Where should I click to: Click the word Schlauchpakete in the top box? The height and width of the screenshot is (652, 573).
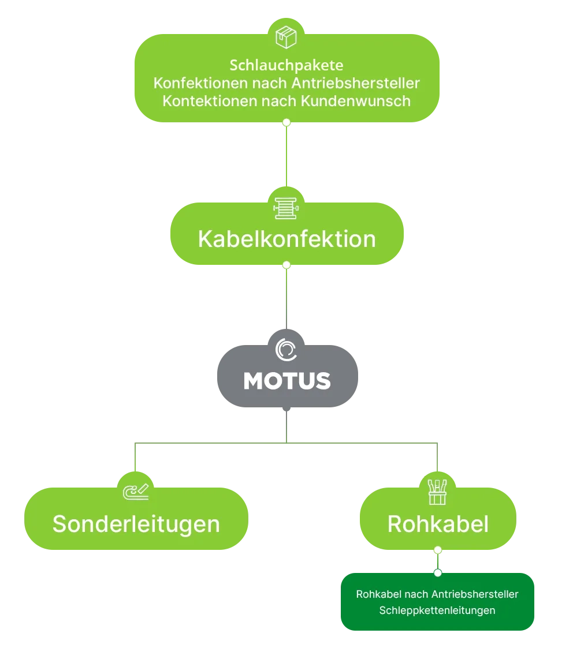coord(286,65)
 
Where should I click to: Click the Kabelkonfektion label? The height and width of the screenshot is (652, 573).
coord(286,239)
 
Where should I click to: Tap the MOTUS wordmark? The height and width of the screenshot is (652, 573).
coord(287,381)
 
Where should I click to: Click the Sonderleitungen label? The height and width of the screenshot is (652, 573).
coord(136,524)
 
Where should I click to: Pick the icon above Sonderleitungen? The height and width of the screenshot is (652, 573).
coord(136,492)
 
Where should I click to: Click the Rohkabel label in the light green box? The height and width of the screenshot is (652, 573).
coord(438,524)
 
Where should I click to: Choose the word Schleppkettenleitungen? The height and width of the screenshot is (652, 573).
coord(437,610)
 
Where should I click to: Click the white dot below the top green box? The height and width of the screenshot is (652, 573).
coord(286,122)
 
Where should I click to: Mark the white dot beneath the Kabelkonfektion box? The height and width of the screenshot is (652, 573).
coord(286,265)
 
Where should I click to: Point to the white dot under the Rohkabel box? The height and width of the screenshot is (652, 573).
coord(438,550)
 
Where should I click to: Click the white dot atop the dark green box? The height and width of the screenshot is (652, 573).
coord(438,573)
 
